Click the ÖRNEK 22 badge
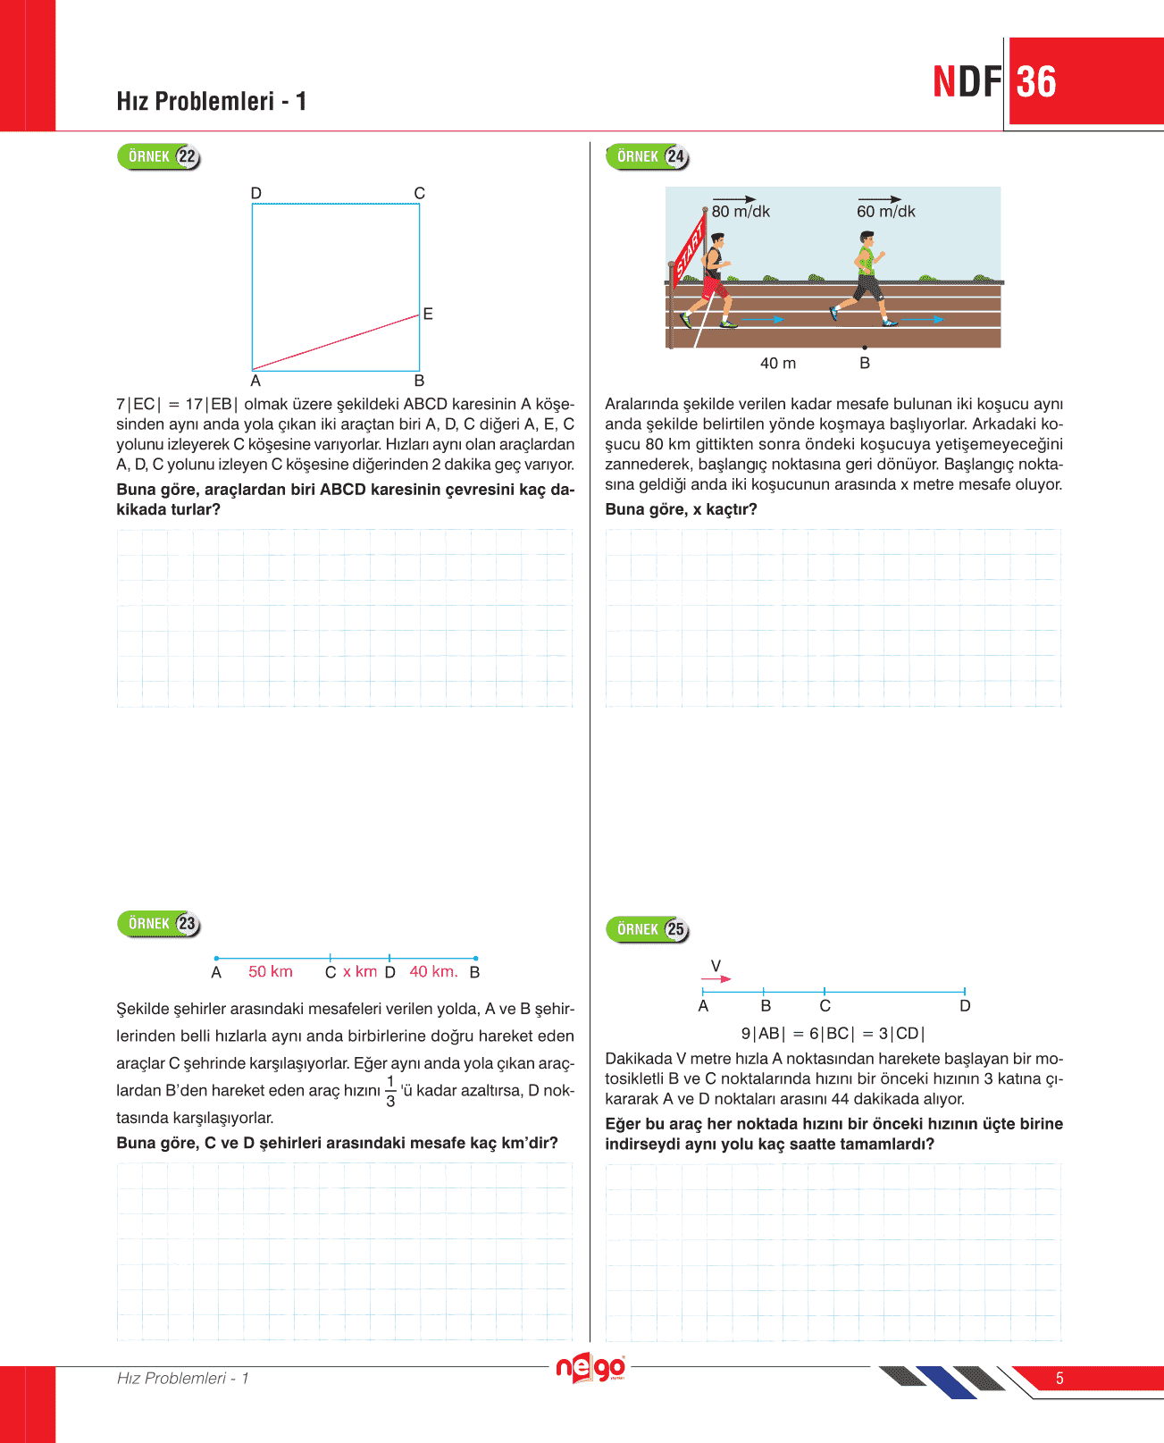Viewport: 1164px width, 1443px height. click(159, 156)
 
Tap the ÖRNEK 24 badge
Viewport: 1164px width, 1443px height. click(648, 156)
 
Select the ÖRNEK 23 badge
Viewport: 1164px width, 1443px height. click(159, 924)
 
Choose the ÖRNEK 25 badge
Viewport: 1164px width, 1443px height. click(648, 929)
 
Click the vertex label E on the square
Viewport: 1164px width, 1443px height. click(428, 314)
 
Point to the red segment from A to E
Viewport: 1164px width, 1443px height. click(336, 342)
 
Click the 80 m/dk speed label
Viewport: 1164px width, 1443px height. click(741, 212)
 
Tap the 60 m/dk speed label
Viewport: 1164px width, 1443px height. click(886, 212)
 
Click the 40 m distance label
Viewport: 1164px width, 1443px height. click(778, 364)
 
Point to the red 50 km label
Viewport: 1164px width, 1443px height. click(271, 972)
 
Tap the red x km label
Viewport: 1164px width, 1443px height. click(360, 972)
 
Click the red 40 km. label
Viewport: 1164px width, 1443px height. click(433, 972)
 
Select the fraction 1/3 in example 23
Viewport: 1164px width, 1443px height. click(390, 1091)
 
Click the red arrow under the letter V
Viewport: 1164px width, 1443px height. click(717, 979)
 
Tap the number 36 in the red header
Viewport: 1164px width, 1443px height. click(1036, 82)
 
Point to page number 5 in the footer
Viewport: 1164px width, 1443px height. click(1059, 1379)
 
